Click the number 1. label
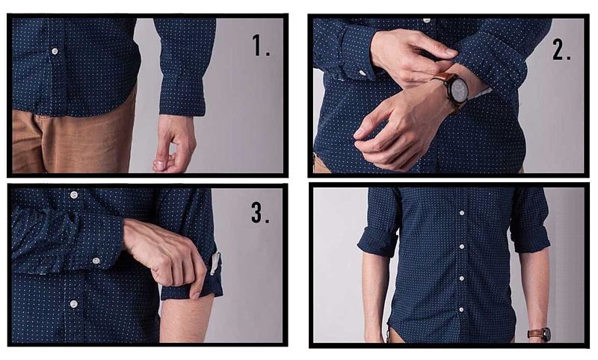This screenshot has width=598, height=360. [x=261, y=46]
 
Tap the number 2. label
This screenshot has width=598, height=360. [x=562, y=49]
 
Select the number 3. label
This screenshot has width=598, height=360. [x=260, y=213]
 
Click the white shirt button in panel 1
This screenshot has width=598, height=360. [x=55, y=51]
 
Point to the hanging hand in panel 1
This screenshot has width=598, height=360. [x=173, y=143]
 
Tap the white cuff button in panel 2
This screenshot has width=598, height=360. [x=362, y=73]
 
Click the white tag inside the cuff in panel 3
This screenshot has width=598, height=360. [x=215, y=264]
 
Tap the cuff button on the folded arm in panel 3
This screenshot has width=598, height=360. [x=96, y=260]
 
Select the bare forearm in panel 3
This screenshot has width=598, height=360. [x=185, y=317]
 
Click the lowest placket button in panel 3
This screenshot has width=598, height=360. [x=73, y=304]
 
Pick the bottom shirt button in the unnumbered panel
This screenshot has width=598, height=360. [x=460, y=308]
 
